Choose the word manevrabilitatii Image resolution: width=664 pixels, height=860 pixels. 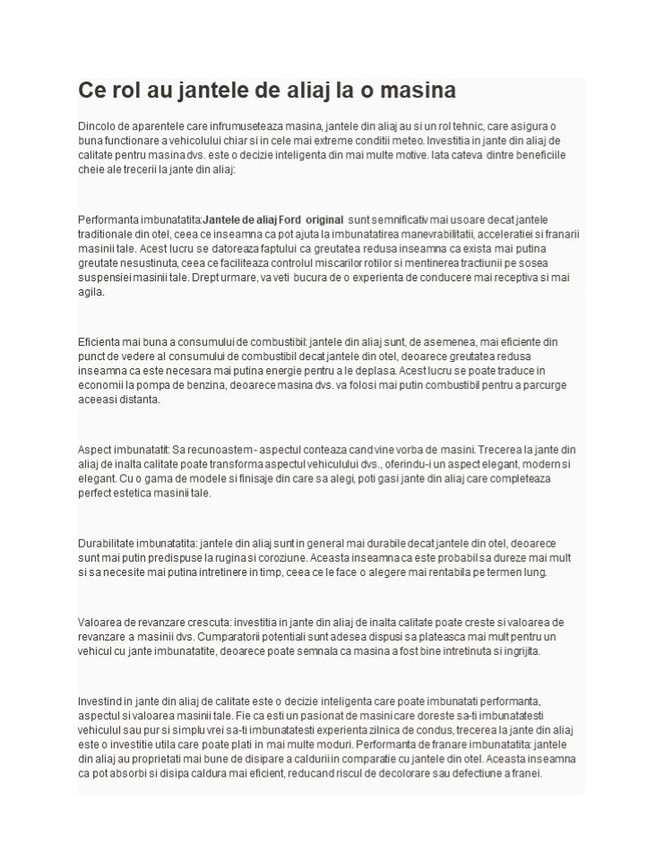pos(427,234)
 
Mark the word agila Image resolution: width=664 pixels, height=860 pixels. pos(91,292)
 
